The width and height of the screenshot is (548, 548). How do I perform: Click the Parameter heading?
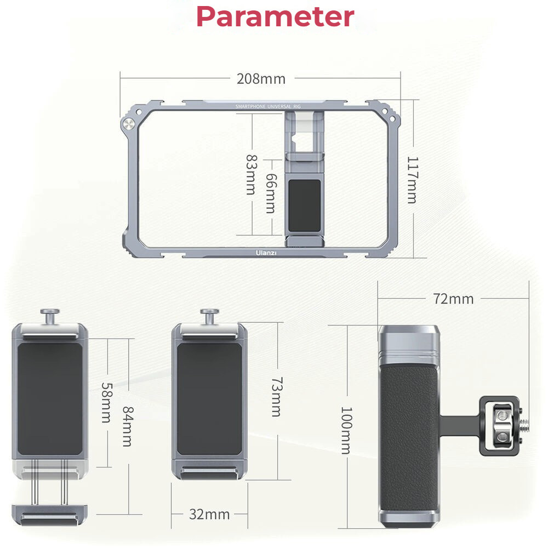pos(276,16)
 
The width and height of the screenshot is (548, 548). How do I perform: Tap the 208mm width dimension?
pos(261,79)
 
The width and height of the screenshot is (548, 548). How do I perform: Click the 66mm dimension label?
pos(271,193)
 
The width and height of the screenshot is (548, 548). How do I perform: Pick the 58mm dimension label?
pos(107,403)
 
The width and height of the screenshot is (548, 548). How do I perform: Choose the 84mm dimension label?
pos(127,426)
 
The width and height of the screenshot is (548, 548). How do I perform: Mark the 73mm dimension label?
pos(277,397)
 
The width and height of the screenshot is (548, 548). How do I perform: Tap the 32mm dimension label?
pos(209,515)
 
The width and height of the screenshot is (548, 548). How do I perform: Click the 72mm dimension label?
pos(453,299)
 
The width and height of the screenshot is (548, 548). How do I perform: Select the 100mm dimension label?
pos(346,430)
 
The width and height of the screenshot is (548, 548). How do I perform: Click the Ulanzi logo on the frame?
pos(266,253)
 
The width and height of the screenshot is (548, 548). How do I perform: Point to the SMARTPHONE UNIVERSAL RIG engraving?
pos(268,106)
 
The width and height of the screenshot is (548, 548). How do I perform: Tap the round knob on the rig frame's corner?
pos(129,124)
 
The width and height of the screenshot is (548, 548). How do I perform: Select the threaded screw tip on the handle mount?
pos(524,425)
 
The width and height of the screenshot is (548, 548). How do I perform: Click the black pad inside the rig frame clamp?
pos(304,206)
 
